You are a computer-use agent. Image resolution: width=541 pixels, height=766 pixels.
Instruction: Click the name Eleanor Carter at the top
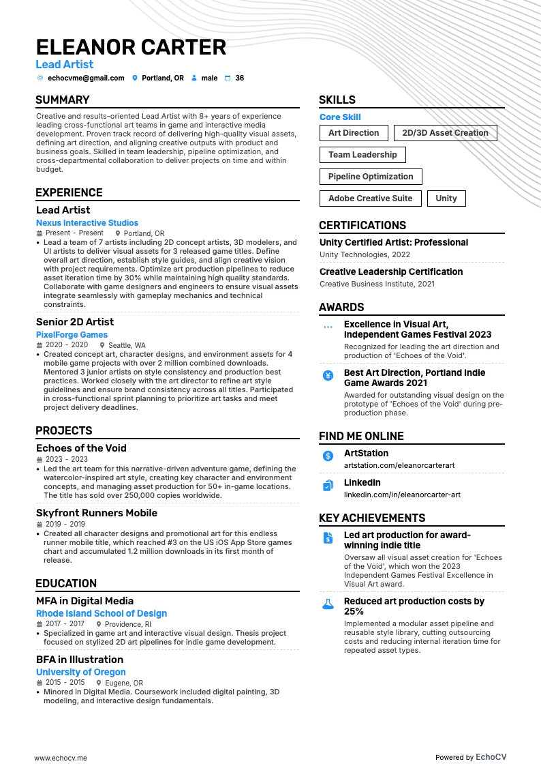[131, 47]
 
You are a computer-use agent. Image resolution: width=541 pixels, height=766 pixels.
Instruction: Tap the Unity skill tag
[446, 198]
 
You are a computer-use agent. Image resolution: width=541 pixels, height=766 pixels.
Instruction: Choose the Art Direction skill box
[354, 133]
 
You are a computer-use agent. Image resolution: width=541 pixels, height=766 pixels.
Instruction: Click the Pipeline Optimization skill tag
[371, 177]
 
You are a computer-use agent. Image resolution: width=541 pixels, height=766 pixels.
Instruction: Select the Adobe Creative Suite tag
[370, 198]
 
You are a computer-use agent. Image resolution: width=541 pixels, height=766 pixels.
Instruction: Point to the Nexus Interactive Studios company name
[87, 223]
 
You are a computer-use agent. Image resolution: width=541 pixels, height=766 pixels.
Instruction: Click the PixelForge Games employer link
[72, 335]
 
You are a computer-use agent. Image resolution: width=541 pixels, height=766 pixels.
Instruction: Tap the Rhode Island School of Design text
[102, 614]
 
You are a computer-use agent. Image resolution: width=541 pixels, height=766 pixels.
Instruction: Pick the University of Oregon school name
[81, 673]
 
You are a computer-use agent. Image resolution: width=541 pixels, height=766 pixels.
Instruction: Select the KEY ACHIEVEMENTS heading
[372, 518]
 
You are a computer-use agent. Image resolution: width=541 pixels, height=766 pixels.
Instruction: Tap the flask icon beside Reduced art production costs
[328, 604]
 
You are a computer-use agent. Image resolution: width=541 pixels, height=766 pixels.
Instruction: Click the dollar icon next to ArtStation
[328, 455]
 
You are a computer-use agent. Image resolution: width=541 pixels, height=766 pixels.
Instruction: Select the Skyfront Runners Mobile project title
[97, 513]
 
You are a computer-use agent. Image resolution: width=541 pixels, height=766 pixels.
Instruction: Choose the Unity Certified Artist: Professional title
[394, 243]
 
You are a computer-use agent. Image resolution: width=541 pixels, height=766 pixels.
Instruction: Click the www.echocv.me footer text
[61, 739]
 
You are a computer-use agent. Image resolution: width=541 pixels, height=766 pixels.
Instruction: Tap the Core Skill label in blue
[340, 117]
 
